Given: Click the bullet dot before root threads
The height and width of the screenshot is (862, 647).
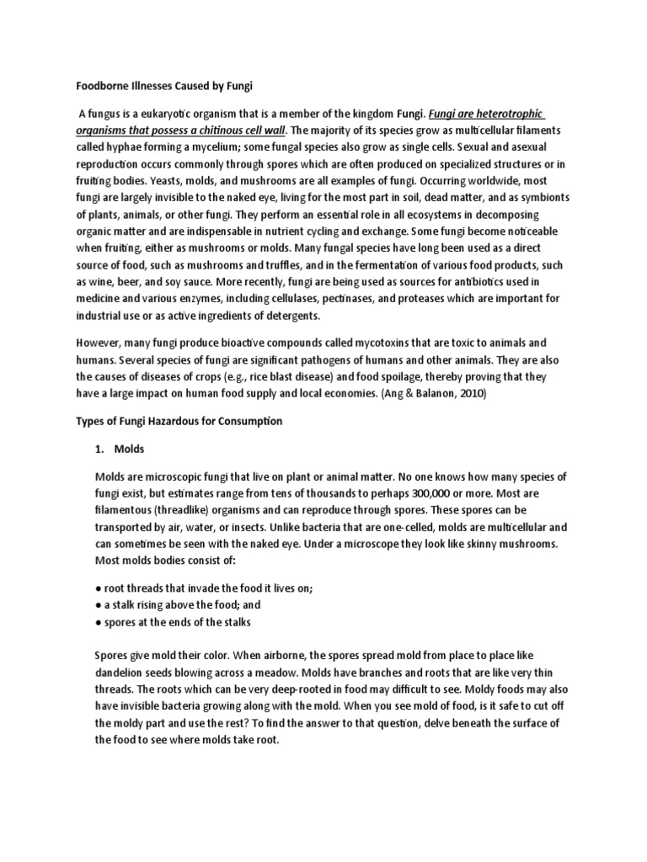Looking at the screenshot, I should [98, 588].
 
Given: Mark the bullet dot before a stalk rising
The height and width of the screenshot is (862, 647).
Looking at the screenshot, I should [98, 604].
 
